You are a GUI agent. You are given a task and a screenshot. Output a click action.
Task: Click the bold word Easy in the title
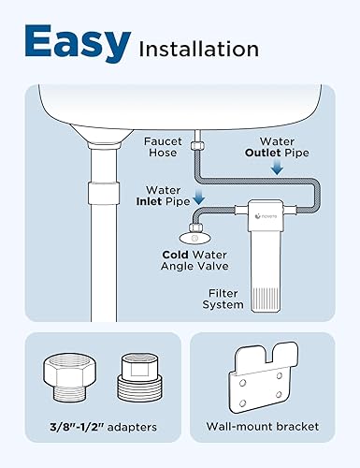coord(78,42)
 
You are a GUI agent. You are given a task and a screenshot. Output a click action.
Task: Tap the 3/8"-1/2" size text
coord(72,426)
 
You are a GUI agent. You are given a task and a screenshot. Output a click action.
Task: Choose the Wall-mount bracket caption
coord(263,426)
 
